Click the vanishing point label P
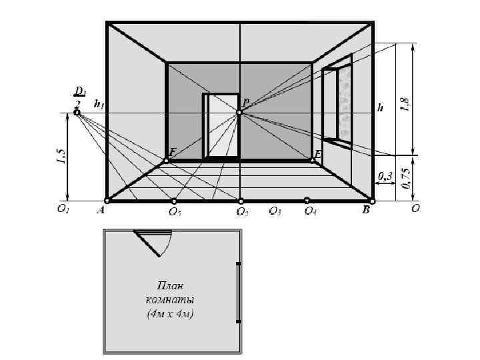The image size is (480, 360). (x=245, y=103)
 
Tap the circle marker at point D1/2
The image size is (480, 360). (x=77, y=113)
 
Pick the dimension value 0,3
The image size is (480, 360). (x=385, y=176)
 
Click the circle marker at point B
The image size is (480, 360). (x=372, y=201)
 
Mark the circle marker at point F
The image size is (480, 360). (x=166, y=161)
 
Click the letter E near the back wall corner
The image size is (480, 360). (x=317, y=154)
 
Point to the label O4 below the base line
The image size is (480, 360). (x=310, y=211)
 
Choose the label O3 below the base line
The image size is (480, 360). (x=275, y=211)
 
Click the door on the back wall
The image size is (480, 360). (x=221, y=127)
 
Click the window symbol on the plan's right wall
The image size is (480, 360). (x=238, y=293)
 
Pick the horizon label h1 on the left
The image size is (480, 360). (x=99, y=104)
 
